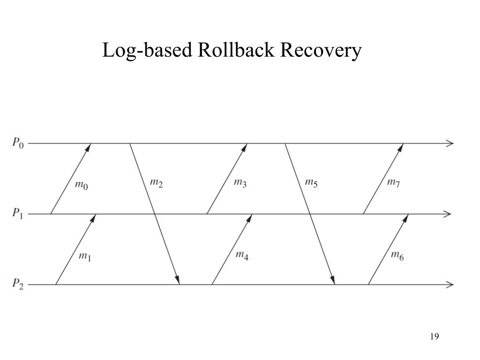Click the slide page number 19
(434, 337)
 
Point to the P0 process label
(17, 143)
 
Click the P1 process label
(17, 214)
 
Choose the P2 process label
(17, 284)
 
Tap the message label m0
(82, 185)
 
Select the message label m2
(156, 182)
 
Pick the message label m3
(240, 182)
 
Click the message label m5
(311, 182)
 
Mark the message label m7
(393, 182)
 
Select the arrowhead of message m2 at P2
(178, 280)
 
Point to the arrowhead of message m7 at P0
(401, 147)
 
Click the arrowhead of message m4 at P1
(250, 217)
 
